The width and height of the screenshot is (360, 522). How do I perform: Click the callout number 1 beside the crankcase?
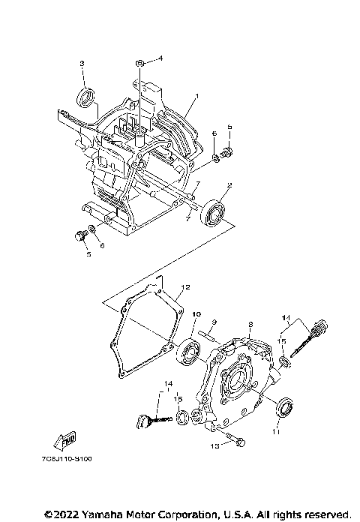pyautogui.click(x=196, y=97)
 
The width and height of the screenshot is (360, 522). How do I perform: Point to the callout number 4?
pyautogui.click(x=159, y=58)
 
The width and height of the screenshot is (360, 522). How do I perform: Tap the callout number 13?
pyautogui.click(x=214, y=445)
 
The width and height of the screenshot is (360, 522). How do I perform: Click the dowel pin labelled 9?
pyautogui.click(x=209, y=335)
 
